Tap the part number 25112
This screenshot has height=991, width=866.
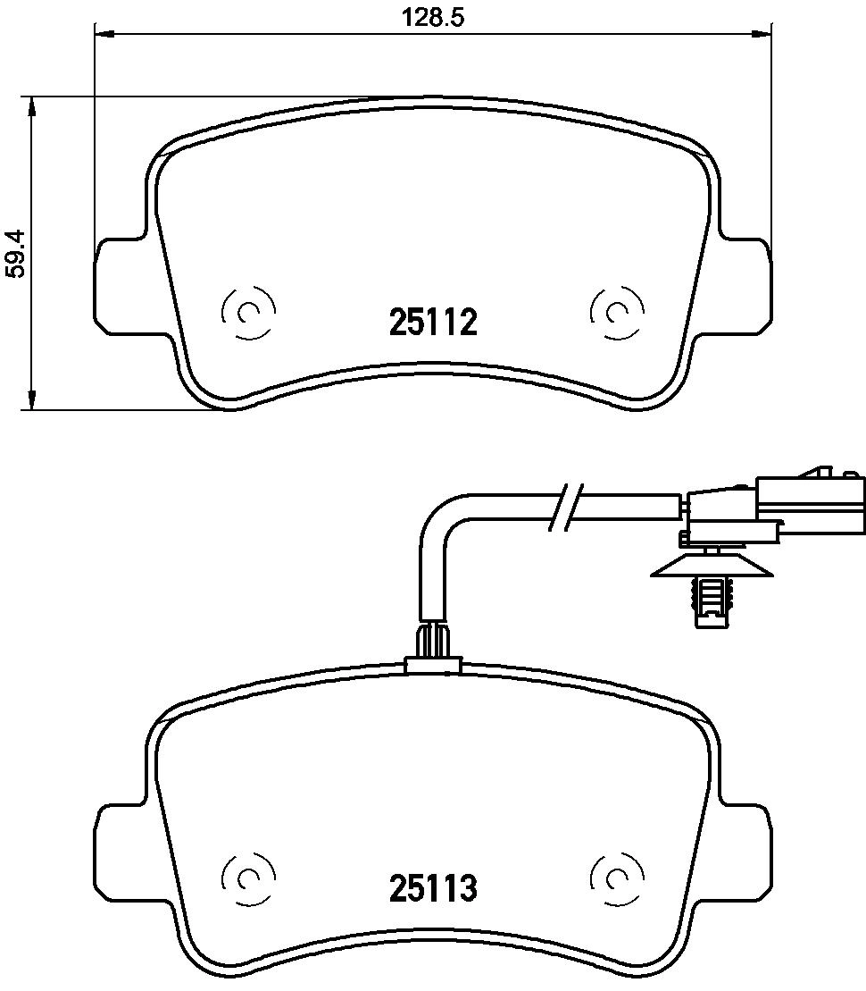point(433,323)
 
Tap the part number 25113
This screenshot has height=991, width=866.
point(433,887)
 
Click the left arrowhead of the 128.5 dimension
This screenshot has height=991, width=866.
point(104,34)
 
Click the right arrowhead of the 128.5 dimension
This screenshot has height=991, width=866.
point(762,34)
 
